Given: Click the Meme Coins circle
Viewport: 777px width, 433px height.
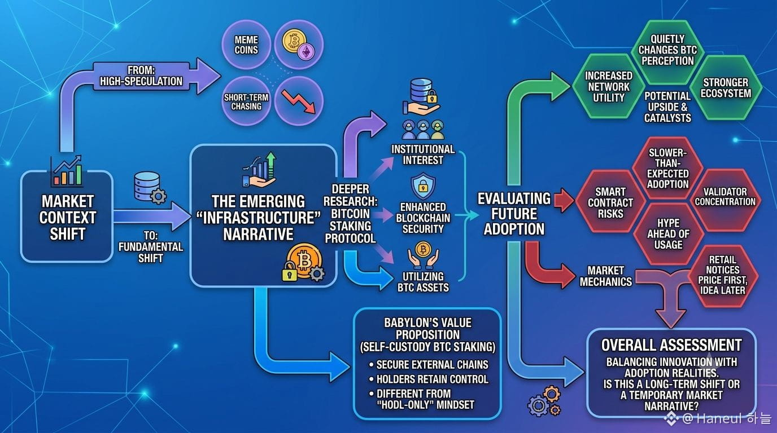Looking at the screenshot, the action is pos(246,45).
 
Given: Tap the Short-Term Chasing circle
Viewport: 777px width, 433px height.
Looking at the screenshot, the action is pos(246,101).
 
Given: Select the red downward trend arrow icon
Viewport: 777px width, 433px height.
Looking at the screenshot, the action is pos(299,101).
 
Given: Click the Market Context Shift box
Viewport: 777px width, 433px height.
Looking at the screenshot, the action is pos(67,216).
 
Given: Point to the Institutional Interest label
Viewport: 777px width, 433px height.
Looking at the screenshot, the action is pos(423,155).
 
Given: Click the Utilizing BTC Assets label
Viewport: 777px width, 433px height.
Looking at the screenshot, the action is pos(423,282).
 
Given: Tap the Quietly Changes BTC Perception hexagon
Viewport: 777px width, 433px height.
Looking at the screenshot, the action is pos(667,50).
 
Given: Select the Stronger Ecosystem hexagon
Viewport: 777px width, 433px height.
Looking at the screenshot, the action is pos(726,87).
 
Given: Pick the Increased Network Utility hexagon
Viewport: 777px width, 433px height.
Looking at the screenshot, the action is pos(608,87).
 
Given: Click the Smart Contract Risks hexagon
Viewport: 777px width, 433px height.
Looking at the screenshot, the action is pos(610,202).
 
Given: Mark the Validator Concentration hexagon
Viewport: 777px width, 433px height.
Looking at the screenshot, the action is pos(725,197).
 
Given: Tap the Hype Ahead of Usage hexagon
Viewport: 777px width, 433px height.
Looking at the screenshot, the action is pos(668,234).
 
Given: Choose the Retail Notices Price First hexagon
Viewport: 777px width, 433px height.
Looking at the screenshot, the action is pos(723,275).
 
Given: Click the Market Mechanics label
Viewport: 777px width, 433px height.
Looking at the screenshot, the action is pos(606,276).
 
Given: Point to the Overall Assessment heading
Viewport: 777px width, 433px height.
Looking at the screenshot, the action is pos(671,346).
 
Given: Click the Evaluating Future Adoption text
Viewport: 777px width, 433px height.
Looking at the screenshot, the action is pos(514,214).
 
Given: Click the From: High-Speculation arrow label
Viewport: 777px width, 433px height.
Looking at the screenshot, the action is pos(141,76).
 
